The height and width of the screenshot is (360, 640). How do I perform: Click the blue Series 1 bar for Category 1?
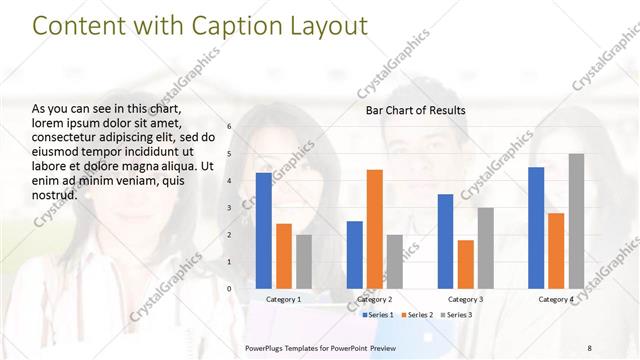(x=264, y=231)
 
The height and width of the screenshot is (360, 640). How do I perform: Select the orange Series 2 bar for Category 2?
(x=375, y=229)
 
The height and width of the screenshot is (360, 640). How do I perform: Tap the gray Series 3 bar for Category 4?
(x=576, y=221)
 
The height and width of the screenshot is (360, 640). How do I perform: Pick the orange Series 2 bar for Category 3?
(x=466, y=264)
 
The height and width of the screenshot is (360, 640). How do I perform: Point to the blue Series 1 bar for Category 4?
(x=536, y=228)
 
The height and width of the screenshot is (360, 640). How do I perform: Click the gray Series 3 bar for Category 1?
(x=304, y=262)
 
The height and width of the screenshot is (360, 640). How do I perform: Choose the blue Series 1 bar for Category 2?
(x=355, y=255)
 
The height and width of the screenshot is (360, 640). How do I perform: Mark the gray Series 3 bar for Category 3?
(x=485, y=248)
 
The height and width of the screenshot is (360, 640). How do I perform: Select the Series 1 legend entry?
(x=378, y=315)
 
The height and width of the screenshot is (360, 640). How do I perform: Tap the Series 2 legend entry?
(x=417, y=315)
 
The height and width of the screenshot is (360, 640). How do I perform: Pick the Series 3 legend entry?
(x=456, y=315)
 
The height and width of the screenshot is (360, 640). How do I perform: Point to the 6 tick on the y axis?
(x=229, y=127)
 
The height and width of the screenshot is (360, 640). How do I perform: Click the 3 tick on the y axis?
(x=229, y=208)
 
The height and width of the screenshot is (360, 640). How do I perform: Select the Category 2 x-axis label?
(x=375, y=299)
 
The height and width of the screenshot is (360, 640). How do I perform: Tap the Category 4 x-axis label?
(x=556, y=299)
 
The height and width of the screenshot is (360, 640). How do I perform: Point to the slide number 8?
(x=589, y=347)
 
